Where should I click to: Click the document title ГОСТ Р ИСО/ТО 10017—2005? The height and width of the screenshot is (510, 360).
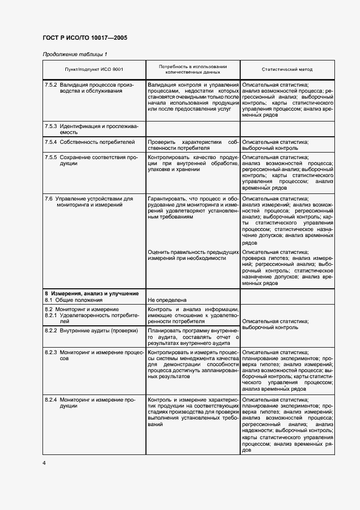(85, 38)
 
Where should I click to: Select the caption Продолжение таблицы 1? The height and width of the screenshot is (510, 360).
(75, 54)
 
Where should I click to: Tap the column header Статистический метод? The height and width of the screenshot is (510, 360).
(287, 70)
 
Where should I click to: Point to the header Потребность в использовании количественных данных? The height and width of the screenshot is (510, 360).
(193, 69)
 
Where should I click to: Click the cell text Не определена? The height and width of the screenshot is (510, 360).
(167, 300)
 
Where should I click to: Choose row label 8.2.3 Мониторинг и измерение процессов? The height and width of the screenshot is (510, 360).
(91, 356)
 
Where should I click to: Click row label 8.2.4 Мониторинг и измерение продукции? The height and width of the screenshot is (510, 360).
(91, 403)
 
